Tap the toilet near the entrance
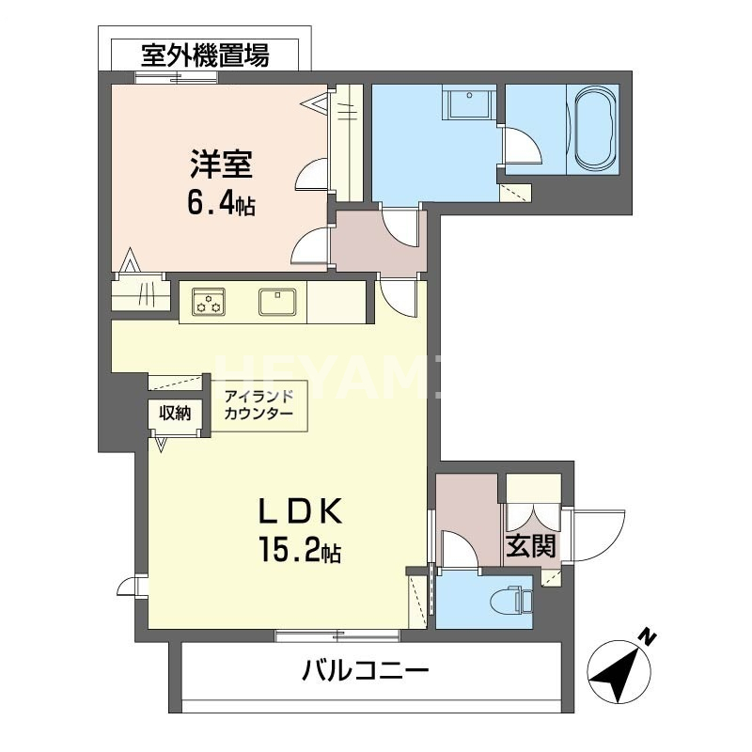click(x=509, y=599)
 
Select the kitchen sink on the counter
click(x=279, y=302)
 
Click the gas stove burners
click(x=209, y=302)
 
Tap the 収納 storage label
click(x=174, y=412)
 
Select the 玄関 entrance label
click(x=530, y=544)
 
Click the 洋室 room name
click(x=220, y=165)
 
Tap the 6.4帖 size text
click(x=222, y=204)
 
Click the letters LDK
click(x=299, y=510)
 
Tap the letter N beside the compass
click(x=647, y=637)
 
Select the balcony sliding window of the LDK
click(x=337, y=635)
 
